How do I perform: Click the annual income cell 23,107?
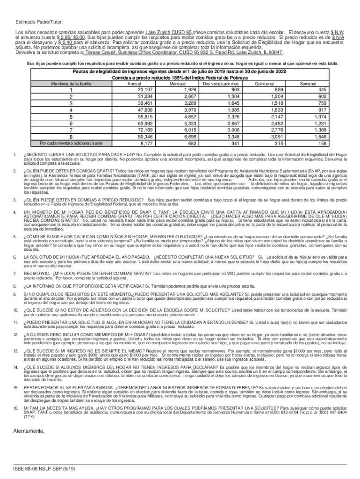[x=143, y=90]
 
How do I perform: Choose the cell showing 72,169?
[x=143, y=130]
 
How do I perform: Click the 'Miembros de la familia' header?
[x=71, y=84]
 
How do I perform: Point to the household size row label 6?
[x=71, y=123]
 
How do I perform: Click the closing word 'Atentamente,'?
[x=29, y=405]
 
